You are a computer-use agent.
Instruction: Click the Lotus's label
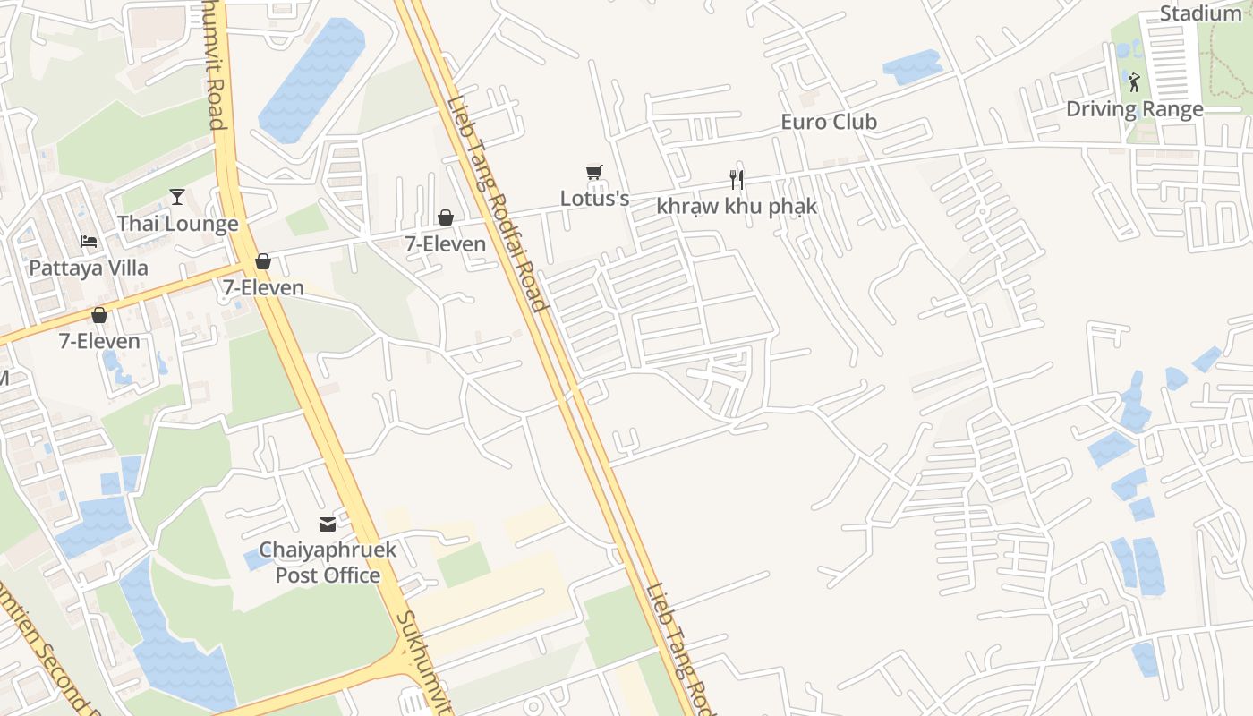[x=594, y=198]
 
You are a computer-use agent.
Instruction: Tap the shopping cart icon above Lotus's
[x=593, y=172]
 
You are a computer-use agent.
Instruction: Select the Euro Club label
[x=829, y=122]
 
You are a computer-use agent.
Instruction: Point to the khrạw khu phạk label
[x=737, y=206]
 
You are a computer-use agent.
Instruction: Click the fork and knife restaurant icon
[x=737, y=180]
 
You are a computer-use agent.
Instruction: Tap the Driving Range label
[x=1134, y=109]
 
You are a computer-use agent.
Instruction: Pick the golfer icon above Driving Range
[x=1134, y=82]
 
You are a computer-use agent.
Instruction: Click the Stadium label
[x=1200, y=13]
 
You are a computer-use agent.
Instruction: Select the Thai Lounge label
[x=177, y=224]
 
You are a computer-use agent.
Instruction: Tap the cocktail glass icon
[x=177, y=197]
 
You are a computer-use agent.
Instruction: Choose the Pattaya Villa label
[x=89, y=268]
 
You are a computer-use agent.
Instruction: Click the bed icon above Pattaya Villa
[x=88, y=242]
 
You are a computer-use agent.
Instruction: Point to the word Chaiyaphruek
[x=327, y=550]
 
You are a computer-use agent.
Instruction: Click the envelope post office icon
[x=328, y=524]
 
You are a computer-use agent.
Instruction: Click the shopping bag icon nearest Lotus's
[x=445, y=217]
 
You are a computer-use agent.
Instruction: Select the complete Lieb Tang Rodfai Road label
[x=498, y=204]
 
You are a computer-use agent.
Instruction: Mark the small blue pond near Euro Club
[x=911, y=67]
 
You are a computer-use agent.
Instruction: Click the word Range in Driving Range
[x=1172, y=109]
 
